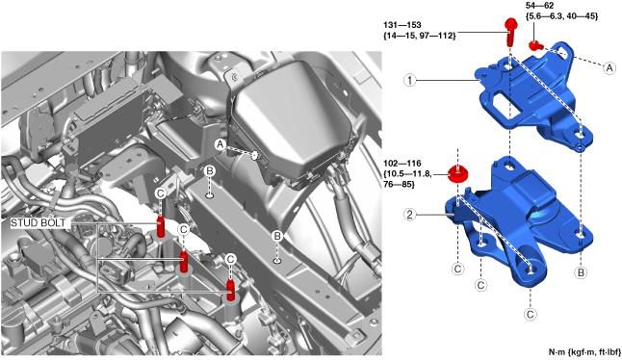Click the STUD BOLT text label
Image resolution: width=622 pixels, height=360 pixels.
[x=39, y=222]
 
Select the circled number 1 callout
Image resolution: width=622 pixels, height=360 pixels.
[x=410, y=81]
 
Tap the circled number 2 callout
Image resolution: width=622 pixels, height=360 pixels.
[x=410, y=215]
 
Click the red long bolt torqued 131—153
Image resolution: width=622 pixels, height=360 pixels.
[x=510, y=32]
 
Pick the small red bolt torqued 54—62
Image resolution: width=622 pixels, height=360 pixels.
[x=535, y=45]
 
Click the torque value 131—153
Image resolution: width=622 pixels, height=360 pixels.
[x=402, y=25]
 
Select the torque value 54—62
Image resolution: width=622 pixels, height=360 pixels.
[x=539, y=6]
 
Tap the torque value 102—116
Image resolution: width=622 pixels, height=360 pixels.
[x=402, y=164]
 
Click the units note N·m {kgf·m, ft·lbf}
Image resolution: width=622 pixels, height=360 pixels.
[x=584, y=352]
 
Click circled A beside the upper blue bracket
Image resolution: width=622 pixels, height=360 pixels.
[x=609, y=67]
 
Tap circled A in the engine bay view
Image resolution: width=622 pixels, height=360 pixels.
[x=220, y=144]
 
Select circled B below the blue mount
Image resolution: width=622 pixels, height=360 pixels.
[x=581, y=272]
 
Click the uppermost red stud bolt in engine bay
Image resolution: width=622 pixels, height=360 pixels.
[x=161, y=227]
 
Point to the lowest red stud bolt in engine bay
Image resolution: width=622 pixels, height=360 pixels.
[x=230, y=290]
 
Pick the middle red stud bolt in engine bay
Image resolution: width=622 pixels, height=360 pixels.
[x=183, y=261]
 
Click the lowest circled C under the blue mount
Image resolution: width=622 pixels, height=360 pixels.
[x=531, y=315]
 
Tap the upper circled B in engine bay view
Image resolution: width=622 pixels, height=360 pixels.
[x=210, y=171]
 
